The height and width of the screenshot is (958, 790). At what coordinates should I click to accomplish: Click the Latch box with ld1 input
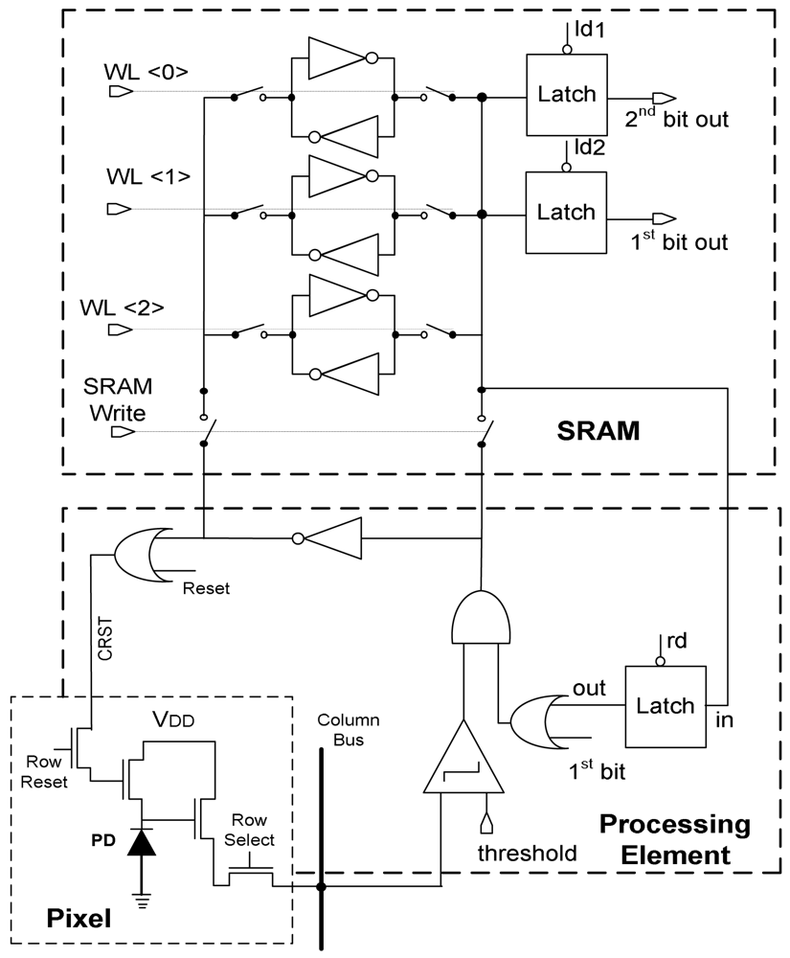[566, 95]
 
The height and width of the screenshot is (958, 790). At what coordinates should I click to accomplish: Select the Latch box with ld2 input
[566, 212]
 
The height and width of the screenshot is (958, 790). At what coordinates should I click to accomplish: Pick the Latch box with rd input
[666, 705]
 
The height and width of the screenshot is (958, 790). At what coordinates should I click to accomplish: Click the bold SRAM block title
[597, 432]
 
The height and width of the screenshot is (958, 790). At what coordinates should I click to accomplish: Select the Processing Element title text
[674, 839]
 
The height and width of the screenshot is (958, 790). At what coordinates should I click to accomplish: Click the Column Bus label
[349, 729]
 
